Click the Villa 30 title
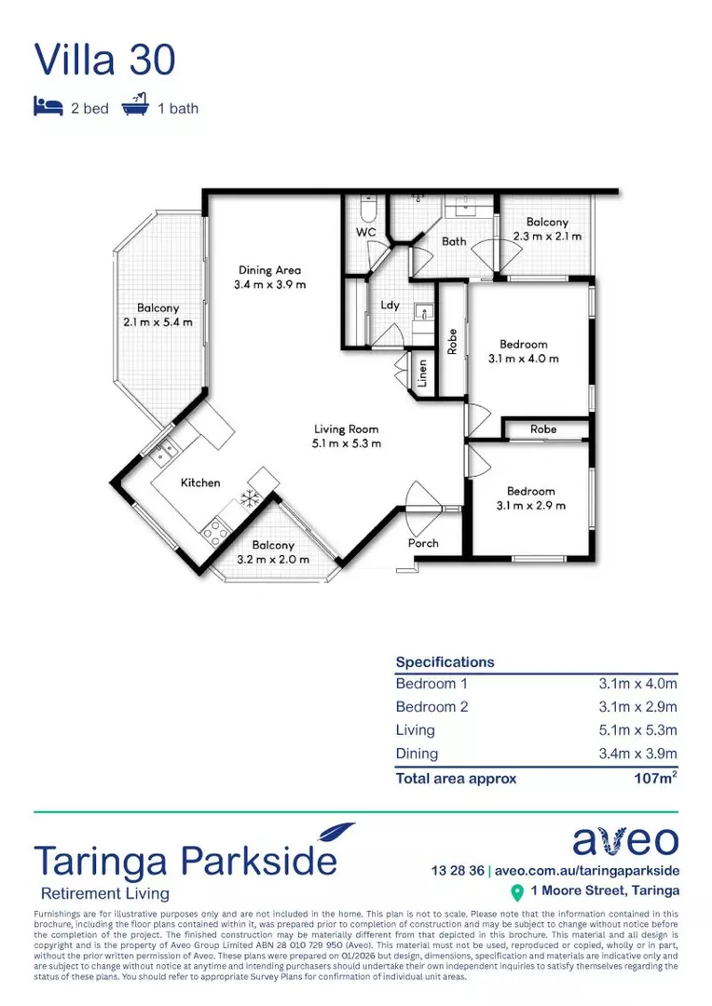pyautogui.click(x=104, y=60)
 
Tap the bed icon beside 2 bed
pyautogui.click(x=47, y=107)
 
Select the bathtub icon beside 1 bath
pyautogui.click(x=135, y=107)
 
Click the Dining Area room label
pyautogui.click(x=269, y=270)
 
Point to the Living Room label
pyautogui.click(x=346, y=429)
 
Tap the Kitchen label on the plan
pyautogui.click(x=200, y=483)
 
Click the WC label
pyautogui.click(x=365, y=231)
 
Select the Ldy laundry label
pyautogui.click(x=390, y=305)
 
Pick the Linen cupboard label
pyautogui.click(x=422, y=374)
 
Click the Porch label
pyautogui.click(x=423, y=543)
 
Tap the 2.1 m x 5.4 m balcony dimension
pyautogui.click(x=157, y=322)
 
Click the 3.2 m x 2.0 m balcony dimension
pyautogui.click(x=272, y=560)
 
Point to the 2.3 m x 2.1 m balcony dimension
pyautogui.click(x=547, y=237)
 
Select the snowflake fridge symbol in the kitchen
pyautogui.click(x=250, y=498)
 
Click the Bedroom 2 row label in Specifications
pyautogui.click(x=431, y=707)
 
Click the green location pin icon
pyautogui.click(x=517, y=892)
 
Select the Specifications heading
pyautogui.click(x=445, y=662)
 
